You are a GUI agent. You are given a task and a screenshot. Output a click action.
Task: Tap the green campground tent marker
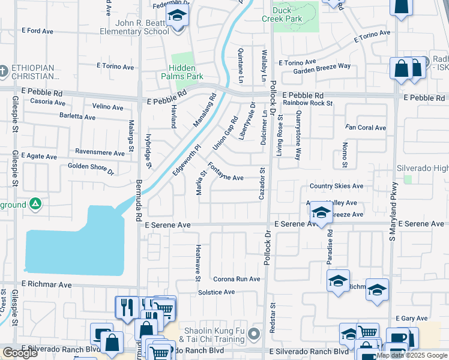pyautogui.click(x=35, y=205)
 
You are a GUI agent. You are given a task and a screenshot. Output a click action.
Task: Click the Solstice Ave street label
pyautogui.click(x=216, y=292)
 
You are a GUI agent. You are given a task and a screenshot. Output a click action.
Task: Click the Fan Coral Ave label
pyautogui.click(x=365, y=127)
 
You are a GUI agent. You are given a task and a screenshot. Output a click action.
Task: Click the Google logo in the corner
pyautogui.click(x=20, y=353)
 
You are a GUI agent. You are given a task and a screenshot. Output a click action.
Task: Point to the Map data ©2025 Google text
pyautogui.click(x=412, y=355)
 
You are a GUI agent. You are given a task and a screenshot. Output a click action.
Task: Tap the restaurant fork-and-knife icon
pyautogui.click(x=126, y=307)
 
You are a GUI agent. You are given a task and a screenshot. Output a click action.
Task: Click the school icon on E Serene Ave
pyautogui.click(x=321, y=213)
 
